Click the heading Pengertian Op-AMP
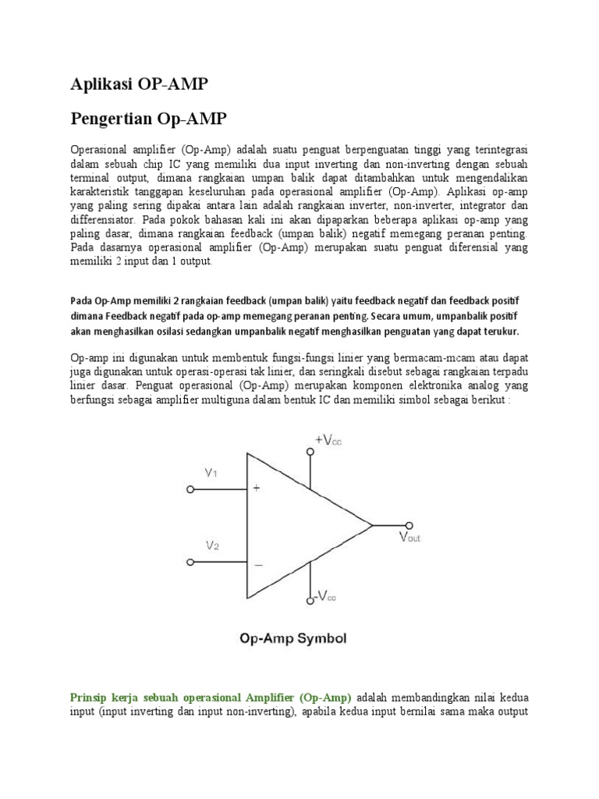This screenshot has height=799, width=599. [150, 119]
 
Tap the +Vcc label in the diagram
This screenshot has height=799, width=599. [328, 440]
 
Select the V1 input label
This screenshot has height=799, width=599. [211, 472]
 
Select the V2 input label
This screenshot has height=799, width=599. [212, 546]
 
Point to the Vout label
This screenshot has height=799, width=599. [409, 538]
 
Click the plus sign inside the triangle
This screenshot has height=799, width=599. [257, 489]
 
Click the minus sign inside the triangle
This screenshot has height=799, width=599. [257, 563]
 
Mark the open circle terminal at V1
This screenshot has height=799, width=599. [189, 490]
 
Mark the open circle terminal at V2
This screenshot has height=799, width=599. [189, 563]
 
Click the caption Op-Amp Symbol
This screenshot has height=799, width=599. [292, 638]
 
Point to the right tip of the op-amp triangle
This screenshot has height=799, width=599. [373, 525]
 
